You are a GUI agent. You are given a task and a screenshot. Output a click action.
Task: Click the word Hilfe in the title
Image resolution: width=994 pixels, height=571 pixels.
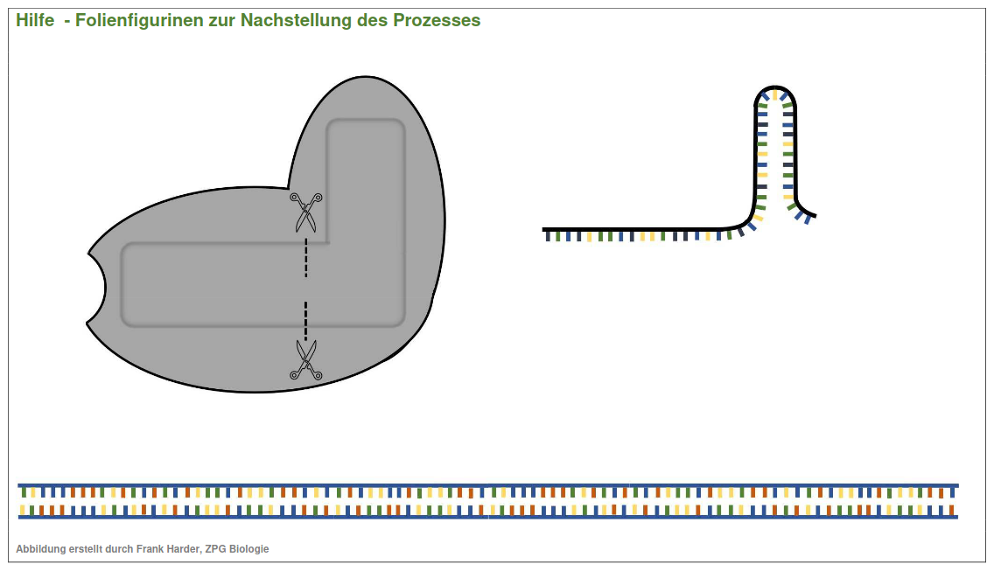35,20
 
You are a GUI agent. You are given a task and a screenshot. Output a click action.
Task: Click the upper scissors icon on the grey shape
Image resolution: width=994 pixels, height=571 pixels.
305,212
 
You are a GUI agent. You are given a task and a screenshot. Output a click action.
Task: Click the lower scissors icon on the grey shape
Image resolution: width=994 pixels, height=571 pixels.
305,360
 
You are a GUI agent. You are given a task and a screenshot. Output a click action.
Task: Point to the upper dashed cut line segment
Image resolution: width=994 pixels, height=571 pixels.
305,260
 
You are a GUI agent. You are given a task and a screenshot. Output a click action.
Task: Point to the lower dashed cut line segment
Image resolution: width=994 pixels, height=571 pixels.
305,321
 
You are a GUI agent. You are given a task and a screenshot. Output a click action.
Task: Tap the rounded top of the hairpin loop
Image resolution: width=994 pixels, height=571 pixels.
775,91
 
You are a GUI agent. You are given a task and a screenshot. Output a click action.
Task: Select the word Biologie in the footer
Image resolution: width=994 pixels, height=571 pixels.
249,549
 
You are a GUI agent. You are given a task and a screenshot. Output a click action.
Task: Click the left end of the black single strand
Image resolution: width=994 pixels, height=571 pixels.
545,229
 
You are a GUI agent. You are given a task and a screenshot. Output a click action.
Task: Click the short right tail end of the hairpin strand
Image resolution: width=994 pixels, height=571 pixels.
813,215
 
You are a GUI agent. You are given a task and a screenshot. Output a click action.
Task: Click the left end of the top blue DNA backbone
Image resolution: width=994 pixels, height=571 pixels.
21,485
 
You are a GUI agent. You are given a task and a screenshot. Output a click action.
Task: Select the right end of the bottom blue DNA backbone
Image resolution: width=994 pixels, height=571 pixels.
955,517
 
